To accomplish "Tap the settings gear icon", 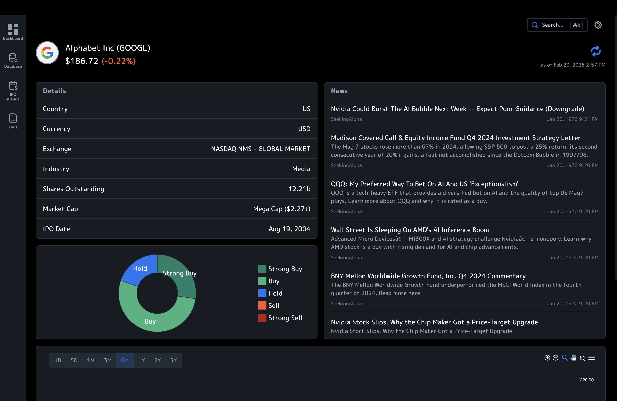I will tap(598, 25).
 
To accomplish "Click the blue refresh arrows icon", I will tap(596, 51).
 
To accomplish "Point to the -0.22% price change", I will tap(119, 61).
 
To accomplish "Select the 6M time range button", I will tap(125, 360).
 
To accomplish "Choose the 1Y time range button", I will tap(141, 360).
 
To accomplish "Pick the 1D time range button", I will tap(58, 360).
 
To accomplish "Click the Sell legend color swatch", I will tap(262, 306).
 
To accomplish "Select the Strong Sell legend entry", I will tap(285, 318).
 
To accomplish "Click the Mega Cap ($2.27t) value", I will tap(282, 209).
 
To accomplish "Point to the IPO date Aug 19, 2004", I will tap(289, 229).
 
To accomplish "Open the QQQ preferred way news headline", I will tap(424, 184).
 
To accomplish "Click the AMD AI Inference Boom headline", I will tap(410, 230).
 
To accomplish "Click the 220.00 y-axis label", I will tap(586, 380).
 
